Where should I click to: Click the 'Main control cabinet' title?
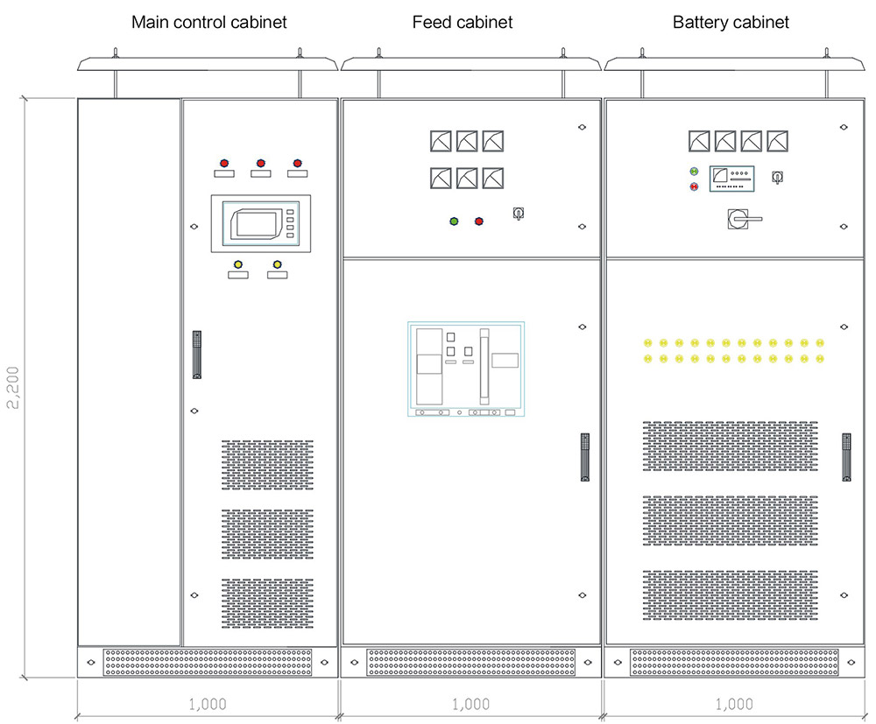pyautogui.click(x=208, y=22)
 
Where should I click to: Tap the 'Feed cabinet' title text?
pyautogui.click(x=463, y=22)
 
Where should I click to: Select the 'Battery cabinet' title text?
pyautogui.click(x=731, y=22)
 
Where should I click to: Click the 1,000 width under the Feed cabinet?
pyautogui.click(x=470, y=704)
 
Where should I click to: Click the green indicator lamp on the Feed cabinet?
pyautogui.click(x=454, y=221)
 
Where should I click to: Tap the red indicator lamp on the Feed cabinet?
pyautogui.click(x=479, y=221)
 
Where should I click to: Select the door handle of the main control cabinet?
pyautogui.click(x=197, y=354)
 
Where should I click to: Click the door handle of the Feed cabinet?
pyautogui.click(x=584, y=456)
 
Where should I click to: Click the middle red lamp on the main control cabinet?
pyautogui.click(x=260, y=163)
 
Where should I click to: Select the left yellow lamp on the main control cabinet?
pyautogui.click(x=237, y=264)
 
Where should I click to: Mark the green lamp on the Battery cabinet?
pyautogui.click(x=694, y=172)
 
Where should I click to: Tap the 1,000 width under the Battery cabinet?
pyautogui.click(x=734, y=704)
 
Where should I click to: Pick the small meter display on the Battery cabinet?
pyautogui.click(x=731, y=179)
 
